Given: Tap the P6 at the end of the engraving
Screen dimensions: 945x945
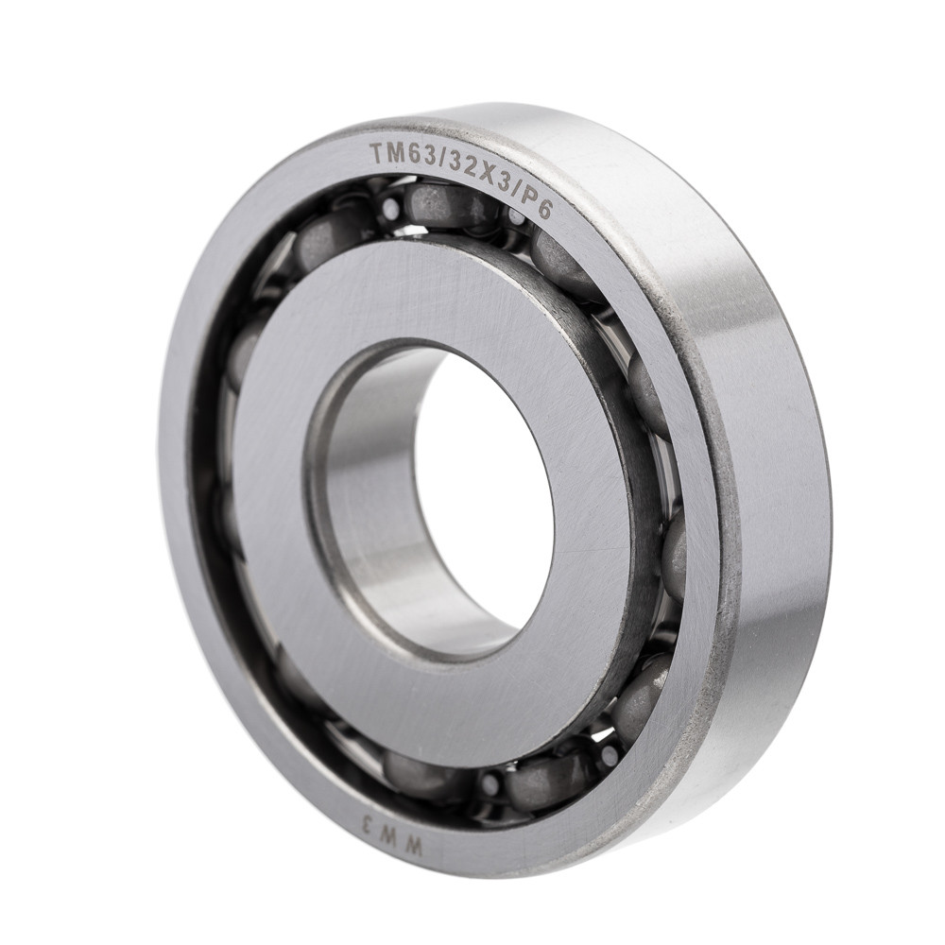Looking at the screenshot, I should pos(536,201).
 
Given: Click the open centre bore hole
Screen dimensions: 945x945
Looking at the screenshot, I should pos(482,491).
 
